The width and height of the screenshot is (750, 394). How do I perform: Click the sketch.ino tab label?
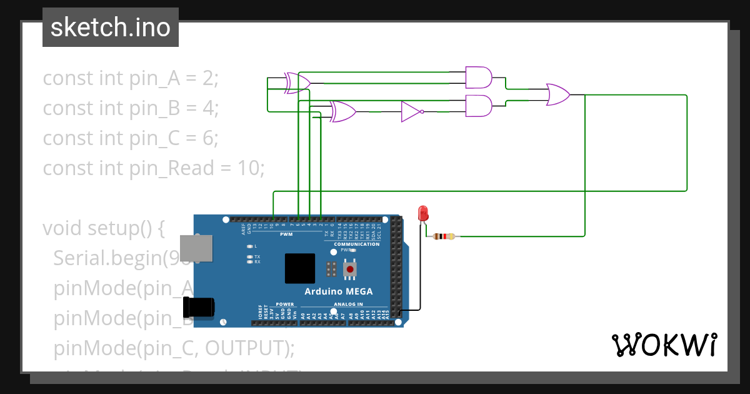click(111, 28)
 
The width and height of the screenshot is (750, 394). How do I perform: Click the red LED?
click(423, 214)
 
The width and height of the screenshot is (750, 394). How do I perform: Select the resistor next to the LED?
click(444, 236)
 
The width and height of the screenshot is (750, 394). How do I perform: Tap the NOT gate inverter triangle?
click(411, 112)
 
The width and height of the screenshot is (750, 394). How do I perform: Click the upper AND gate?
click(479, 78)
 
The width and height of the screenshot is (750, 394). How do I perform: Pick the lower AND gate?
click(479, 106)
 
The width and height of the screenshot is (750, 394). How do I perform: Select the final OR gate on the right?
click(557, 95)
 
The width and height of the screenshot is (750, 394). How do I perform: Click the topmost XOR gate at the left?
click(297, 83)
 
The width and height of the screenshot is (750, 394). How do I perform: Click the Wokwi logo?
click(664, 345)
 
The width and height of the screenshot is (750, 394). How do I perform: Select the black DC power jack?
click(198, 307)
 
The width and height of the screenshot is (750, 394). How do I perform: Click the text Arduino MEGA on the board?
click(339, 291)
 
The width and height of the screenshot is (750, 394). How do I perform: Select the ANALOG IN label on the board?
click(347, 304)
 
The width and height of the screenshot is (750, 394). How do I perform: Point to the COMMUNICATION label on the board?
click(356, 244)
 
